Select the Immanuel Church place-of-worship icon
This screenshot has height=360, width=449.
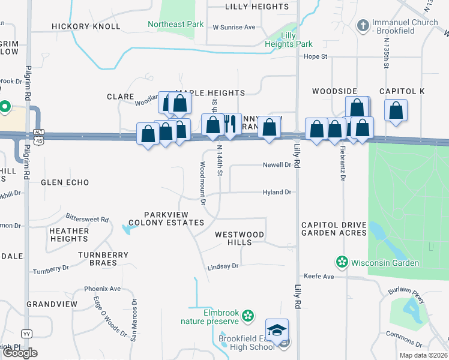[362, 26]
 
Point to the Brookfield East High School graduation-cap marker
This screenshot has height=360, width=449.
[277, 331]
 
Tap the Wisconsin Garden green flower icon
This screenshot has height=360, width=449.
[342, 262]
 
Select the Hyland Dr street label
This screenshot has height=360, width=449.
[277, 193]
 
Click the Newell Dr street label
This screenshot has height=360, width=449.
[277, 165]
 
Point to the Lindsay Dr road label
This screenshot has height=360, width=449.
[223, 266]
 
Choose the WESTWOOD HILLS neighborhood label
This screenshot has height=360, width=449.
[240, 238]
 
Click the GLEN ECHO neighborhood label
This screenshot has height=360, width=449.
[65, 182]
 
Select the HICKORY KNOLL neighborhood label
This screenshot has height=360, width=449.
[86, 27]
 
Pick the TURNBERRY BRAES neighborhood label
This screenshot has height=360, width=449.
[103, 259]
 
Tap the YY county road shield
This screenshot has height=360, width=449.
[26, 333]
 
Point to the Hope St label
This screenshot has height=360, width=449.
[315, 57]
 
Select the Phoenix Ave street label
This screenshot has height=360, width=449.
[103, 289]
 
